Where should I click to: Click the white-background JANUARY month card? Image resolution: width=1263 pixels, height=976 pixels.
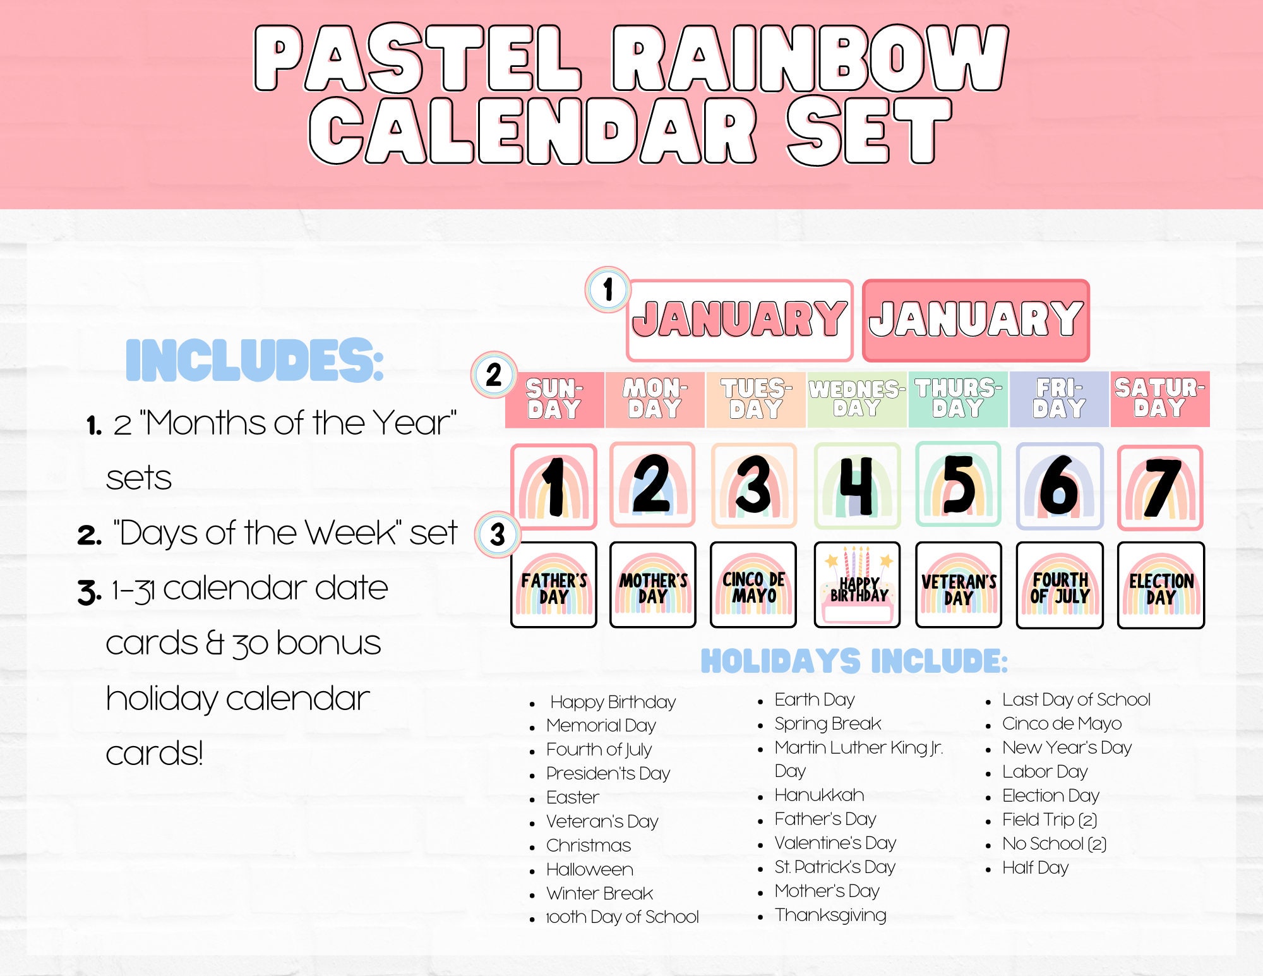coord(739,320)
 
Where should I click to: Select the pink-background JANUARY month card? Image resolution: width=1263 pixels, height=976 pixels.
coord(976,320)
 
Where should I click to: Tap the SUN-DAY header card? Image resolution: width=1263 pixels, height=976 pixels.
coord(554,399)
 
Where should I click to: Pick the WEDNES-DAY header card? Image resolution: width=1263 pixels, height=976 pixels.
coord(857,399)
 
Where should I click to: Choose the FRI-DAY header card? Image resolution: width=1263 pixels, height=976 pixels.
coord(1059,399)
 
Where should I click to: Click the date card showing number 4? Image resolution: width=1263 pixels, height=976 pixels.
coord(857,485)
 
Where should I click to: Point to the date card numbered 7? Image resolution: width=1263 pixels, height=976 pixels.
coord(1160,486)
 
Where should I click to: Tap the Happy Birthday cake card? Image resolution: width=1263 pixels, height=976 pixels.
coord(857,585)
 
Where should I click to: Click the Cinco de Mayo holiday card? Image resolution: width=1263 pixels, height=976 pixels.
coord(753,585)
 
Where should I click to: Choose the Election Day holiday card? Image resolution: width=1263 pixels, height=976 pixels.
coord(1161,585)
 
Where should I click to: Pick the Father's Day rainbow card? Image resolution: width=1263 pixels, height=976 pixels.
coord(554,585)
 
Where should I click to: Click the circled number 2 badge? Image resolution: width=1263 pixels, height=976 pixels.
coord(494,375)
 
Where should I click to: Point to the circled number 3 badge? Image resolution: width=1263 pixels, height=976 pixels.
coord(498,534)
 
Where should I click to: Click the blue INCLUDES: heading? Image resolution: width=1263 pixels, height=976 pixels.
coord(254,360)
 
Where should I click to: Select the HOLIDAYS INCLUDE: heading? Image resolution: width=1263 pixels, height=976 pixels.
coord(854,661)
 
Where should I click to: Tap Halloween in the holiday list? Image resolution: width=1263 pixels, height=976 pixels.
coord(590,870)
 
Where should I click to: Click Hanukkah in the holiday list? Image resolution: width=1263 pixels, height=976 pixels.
coord(819,795)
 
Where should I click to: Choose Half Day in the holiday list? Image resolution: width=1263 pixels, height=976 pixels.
coord(1035,868)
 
